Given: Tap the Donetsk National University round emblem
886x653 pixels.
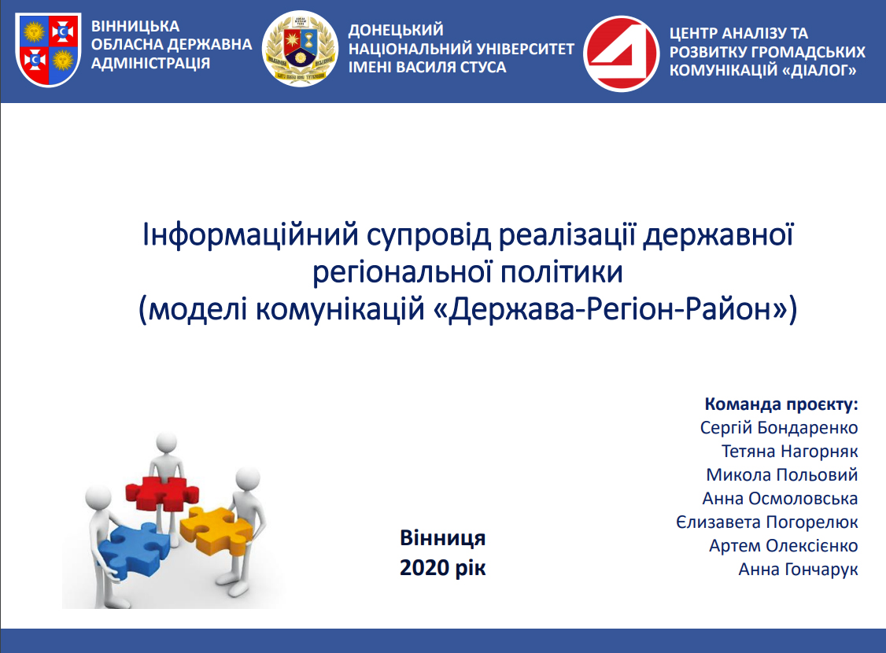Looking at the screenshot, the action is tap(300, 49).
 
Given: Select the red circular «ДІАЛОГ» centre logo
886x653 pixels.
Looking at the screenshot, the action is tap(621, 53).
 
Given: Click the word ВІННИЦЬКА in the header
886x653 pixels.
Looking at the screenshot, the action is tap(135, 26).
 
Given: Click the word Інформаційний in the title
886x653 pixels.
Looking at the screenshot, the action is tap(250, 235).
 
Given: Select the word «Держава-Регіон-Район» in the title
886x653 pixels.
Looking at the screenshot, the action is tap(611, 309).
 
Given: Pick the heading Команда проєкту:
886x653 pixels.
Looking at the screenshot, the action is tap(781, 404).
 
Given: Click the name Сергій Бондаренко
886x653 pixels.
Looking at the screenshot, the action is tap(779, 428).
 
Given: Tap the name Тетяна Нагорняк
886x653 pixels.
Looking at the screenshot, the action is tap(789, 452).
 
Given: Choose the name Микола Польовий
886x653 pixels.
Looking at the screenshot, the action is tap(782, 474).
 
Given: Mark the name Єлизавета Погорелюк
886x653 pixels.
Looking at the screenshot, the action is tap(766, 522).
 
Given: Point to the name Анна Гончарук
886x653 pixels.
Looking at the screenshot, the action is tap(798, 569).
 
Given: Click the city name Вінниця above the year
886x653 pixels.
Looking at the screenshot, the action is tap(442, 538).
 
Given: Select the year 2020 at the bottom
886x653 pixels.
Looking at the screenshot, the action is tap(425, 568).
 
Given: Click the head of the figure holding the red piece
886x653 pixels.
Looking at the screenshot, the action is tap(167, 442).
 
